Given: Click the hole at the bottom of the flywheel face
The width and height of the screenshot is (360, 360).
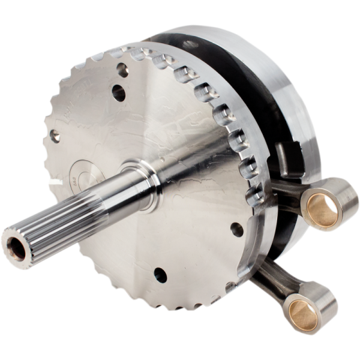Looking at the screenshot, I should point(160,275).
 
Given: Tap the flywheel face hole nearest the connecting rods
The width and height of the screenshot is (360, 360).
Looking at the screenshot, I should point(236,229).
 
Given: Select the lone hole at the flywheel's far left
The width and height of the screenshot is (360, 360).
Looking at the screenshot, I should point(55,137).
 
